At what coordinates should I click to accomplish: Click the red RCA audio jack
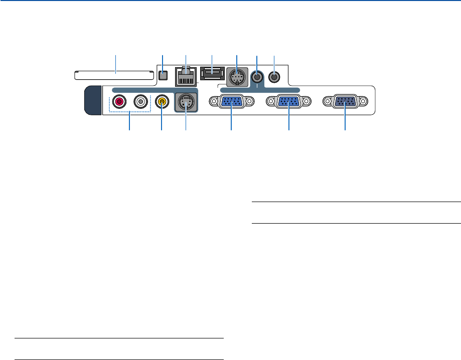119,102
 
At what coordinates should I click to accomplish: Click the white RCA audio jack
141,102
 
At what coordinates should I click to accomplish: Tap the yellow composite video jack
162,102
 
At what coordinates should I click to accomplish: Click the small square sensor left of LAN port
163,76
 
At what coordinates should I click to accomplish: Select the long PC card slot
114,76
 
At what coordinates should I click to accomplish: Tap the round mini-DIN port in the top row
236,78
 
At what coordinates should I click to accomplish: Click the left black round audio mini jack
257,77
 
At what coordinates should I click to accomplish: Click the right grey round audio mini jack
274,77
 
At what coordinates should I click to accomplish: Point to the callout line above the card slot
116,63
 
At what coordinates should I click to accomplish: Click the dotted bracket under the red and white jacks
130,112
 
